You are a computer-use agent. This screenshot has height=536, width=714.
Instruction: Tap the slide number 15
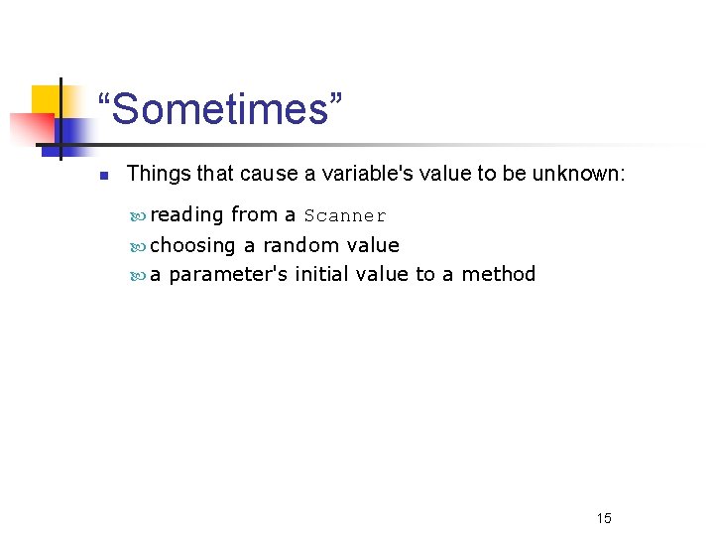click(604, 518)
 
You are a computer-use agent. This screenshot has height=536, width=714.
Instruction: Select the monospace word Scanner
click(345, 216)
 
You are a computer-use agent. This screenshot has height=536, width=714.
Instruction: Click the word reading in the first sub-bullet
click(186, 215)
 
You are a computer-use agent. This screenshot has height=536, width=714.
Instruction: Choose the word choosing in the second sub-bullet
click(192, 245)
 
